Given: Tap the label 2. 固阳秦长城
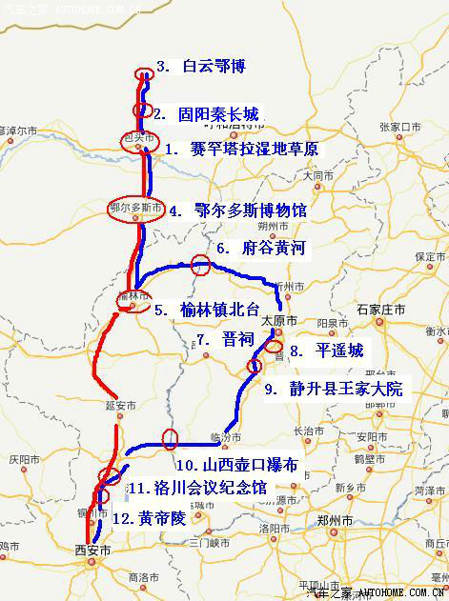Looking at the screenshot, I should coord(205,113).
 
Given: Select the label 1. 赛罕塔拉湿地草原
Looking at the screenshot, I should coord(241,150).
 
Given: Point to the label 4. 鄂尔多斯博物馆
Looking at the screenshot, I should coord(237,211).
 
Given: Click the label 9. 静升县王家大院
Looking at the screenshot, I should coord(334,389).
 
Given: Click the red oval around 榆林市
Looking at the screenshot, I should coord(133,298).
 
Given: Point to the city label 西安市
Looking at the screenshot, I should coord(92,550).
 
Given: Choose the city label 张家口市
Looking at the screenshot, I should coord(399,126).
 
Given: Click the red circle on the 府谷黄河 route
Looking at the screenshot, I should coord(200,266).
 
